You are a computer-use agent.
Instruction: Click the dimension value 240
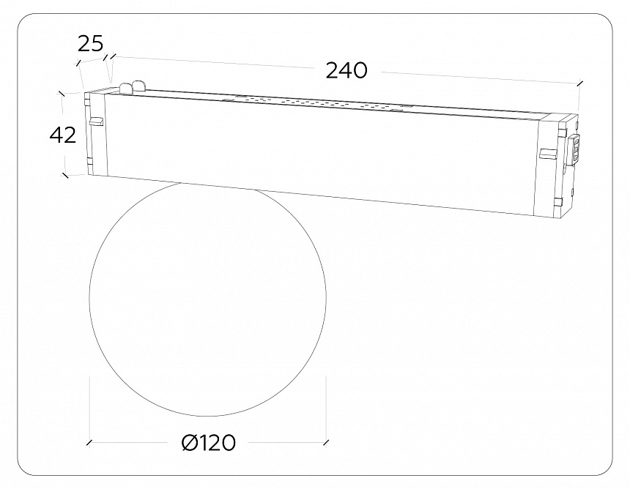[x=346, y=70]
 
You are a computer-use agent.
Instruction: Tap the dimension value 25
[x=91, y=44]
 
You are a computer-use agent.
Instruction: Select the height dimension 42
[x=63, y=135]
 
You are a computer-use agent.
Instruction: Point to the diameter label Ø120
[x=208, y=443]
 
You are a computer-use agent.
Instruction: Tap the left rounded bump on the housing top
[x=125, y=89]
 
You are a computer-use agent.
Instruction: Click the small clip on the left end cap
[x=96, y=122]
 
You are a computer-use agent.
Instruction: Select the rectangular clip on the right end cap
[x=548, y=154]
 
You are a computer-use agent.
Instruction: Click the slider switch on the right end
[x=576, y=149]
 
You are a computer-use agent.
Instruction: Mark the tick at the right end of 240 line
[x=580, y=83]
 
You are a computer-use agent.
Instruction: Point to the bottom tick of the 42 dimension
[x=65, y=175]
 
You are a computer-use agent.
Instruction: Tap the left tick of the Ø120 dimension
[x=89, y=443]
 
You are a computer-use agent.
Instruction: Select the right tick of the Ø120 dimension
[x=327, y=442]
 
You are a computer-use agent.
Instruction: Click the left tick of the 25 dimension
[x=78, y=64]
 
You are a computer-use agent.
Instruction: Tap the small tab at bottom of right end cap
[x=557, y=201]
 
